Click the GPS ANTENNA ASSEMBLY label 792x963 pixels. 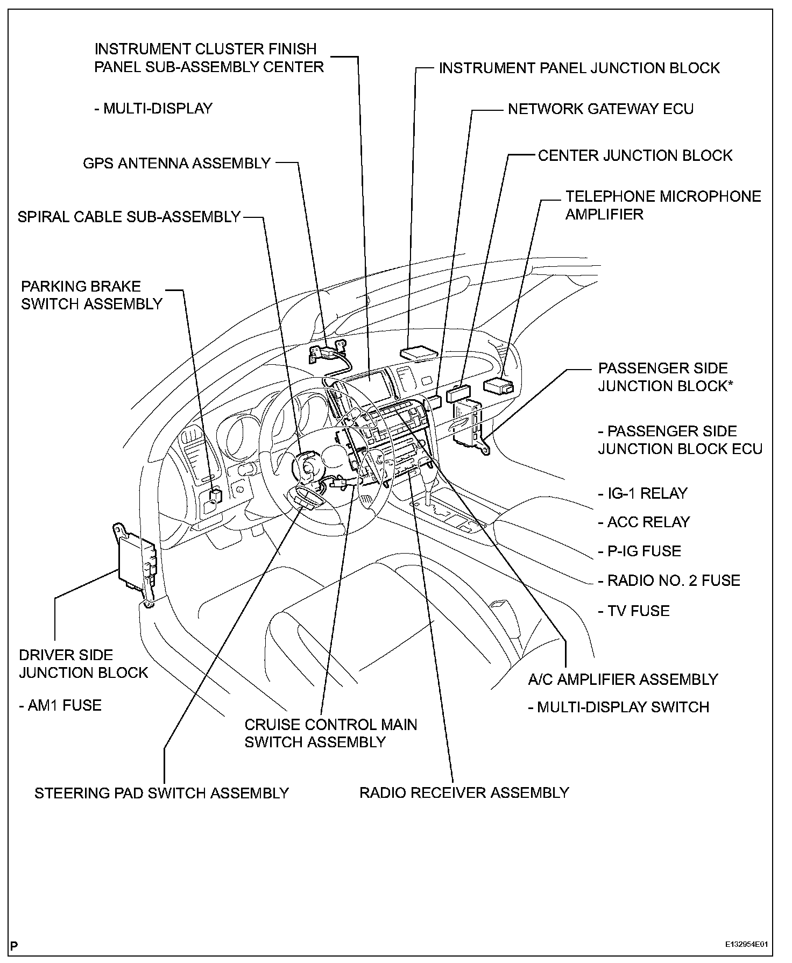pos(176,163)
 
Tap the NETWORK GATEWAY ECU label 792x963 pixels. pos(600,109)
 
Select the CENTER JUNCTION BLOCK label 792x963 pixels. pos(635,155)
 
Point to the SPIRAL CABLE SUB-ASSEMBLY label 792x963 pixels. pos(129,217)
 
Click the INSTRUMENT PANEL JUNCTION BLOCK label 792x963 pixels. pos(579,68)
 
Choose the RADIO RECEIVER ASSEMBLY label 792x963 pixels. pos(464,792)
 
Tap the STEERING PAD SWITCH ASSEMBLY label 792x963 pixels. pos(161,793)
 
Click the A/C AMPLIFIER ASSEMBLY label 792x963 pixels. pos(623,679)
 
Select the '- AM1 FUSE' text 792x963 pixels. pos(60,705)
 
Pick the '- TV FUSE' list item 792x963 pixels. pos(634,611)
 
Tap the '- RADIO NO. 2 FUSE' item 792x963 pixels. pos(669,580)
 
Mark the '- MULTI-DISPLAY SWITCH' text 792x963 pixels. pos(618,707)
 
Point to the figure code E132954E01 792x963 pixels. pos(746,944)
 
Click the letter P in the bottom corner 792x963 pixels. pos(14,945)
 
